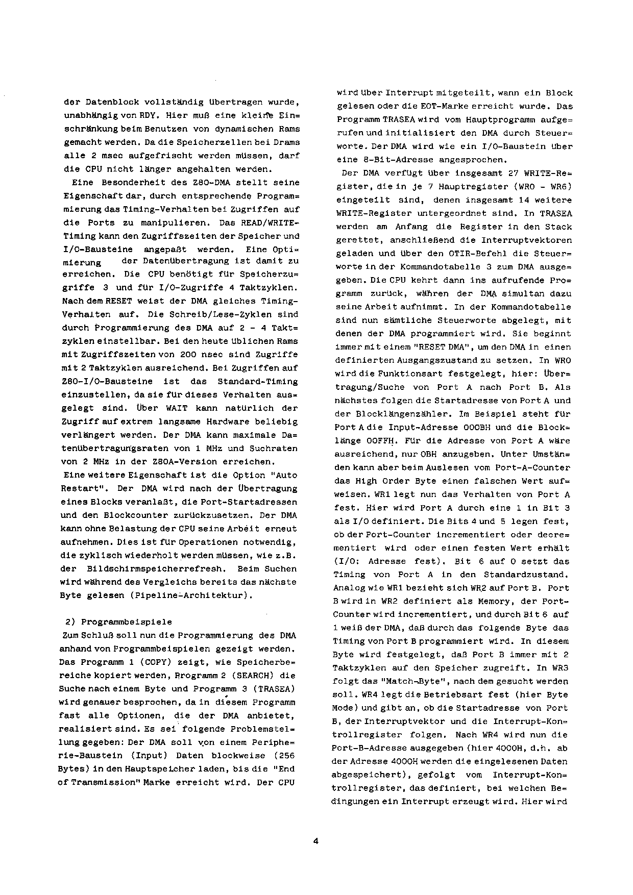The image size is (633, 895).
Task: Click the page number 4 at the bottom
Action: [x=315, y=841]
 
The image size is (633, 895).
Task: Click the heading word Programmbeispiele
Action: [x=127, y=622]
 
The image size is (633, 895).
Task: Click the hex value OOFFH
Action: [x=378, y=441]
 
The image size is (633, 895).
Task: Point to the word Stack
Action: [x=561, y=227]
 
